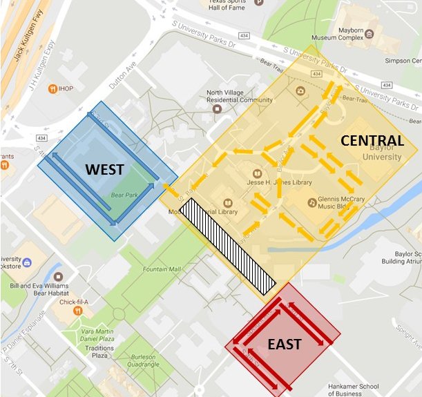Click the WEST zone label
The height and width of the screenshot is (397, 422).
click(104, 169)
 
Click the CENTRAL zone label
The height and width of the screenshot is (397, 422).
click(371, 141)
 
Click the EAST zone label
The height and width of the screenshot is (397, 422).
click(284, 344)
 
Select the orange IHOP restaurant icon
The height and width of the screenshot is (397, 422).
click(52, 89)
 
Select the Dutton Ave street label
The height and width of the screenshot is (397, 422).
click(122, 76)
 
